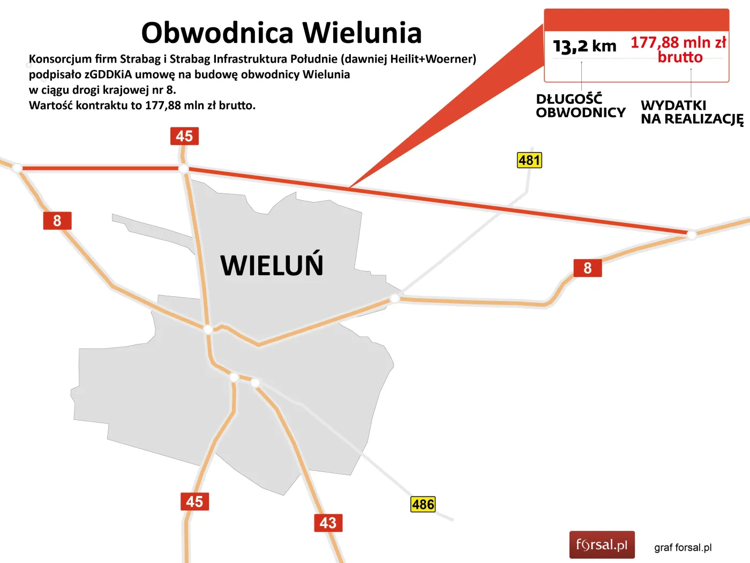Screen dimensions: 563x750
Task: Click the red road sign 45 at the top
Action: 184,136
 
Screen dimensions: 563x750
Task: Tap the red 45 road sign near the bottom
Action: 194,501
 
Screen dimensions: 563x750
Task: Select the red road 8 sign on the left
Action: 57,221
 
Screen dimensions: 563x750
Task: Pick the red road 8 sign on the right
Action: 588,268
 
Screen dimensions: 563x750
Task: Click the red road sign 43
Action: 328,523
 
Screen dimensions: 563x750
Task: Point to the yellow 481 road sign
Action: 529,160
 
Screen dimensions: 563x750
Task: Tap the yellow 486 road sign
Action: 423,504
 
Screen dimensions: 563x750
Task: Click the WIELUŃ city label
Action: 272,265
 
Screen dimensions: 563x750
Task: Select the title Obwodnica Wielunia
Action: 281,33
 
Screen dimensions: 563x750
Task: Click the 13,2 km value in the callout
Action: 584,46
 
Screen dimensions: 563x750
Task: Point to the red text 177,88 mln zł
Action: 678,42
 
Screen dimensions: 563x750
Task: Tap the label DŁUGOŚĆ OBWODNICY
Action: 580,106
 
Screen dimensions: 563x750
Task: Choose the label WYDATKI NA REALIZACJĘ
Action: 692,112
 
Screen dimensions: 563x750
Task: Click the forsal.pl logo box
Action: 602,545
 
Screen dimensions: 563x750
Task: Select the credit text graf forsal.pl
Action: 682,547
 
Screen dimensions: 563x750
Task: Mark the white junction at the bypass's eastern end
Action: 692,234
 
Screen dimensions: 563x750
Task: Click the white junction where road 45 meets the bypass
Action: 183,169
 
